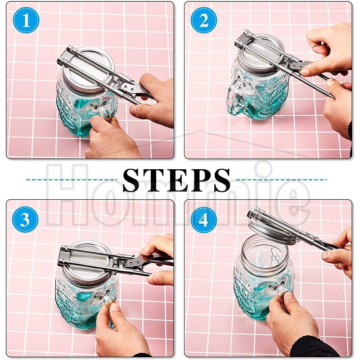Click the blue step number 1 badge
(26, 20)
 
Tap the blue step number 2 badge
(204, 20)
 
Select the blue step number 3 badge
(25, 220)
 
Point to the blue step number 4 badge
(204, 220)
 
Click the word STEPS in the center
(176, 180)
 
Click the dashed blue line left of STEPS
(72, 180)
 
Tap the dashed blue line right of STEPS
(282, 180)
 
